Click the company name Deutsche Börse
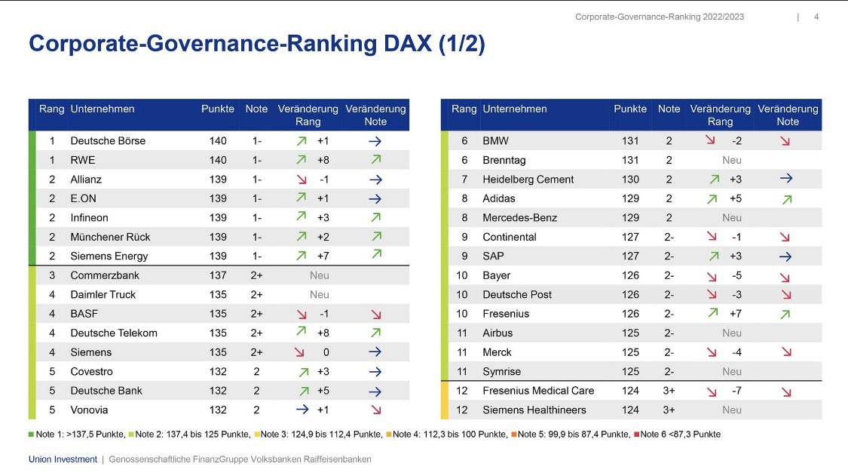(x=108, y=141)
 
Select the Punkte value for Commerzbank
(x=218, y=275)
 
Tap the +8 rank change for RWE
(x=323, y=160)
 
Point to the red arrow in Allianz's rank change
(x=302, y=180)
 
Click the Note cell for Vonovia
(x=256, y=410)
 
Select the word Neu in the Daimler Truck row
(x=320, y=294)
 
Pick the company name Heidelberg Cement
(x=528, y=180)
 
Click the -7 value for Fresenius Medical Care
(x=736, y=391)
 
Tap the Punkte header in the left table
(x=218, y=109)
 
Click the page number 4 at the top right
(x=817, y=17)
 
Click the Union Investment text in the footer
(x=63, y=459)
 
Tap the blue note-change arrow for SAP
(x=785, y=256)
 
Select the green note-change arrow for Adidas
(x=787, y=199)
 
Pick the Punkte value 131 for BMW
(x=630, y=141)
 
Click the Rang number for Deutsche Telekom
(x=52, y=333)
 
